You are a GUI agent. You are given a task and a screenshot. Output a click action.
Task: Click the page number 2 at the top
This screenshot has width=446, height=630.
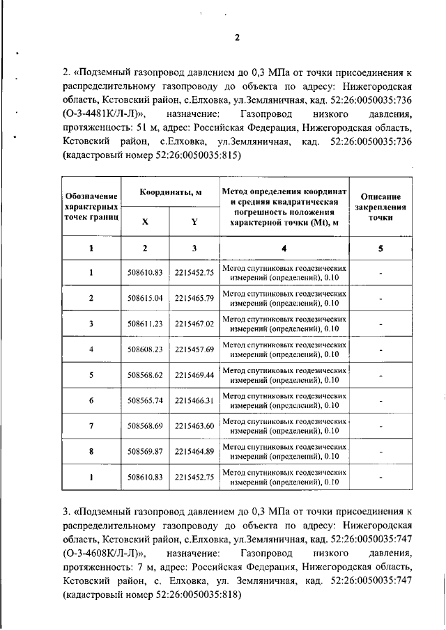(x=236, y=38)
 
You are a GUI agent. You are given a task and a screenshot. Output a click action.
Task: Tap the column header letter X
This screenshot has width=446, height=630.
(x=145, y=221)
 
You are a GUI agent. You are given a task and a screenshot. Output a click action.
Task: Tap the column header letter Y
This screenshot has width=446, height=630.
(x=194, y=221)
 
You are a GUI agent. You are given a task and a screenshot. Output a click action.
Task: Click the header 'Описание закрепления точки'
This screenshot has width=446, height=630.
(x=380, y=206)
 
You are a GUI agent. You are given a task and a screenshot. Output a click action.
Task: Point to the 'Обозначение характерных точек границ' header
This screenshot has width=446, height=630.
(x=91, y=206)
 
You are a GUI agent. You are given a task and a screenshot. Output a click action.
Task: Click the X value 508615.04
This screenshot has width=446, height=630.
(x=145, y=298)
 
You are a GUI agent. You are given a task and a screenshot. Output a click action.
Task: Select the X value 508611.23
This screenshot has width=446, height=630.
(x=145, y=324)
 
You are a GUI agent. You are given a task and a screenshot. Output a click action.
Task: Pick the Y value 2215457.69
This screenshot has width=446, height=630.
(x=194, y=349)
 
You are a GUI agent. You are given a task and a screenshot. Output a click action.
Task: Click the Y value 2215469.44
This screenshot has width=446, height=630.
(x=194, y=375)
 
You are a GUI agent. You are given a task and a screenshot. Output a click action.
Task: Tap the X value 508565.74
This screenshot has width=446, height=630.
(x=145, y=400)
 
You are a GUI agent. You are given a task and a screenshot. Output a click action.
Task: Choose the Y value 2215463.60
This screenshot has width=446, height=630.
(x=194, y=426)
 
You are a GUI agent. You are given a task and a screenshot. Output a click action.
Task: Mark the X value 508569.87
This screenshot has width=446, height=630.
(x=145, y=452)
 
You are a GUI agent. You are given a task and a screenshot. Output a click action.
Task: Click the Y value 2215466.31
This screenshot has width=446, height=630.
(x=194, y=400)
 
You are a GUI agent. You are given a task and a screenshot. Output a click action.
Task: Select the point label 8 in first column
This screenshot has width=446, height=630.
(x=91, y=452)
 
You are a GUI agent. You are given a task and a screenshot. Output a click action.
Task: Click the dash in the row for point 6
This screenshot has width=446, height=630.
(x=380, y=401)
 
